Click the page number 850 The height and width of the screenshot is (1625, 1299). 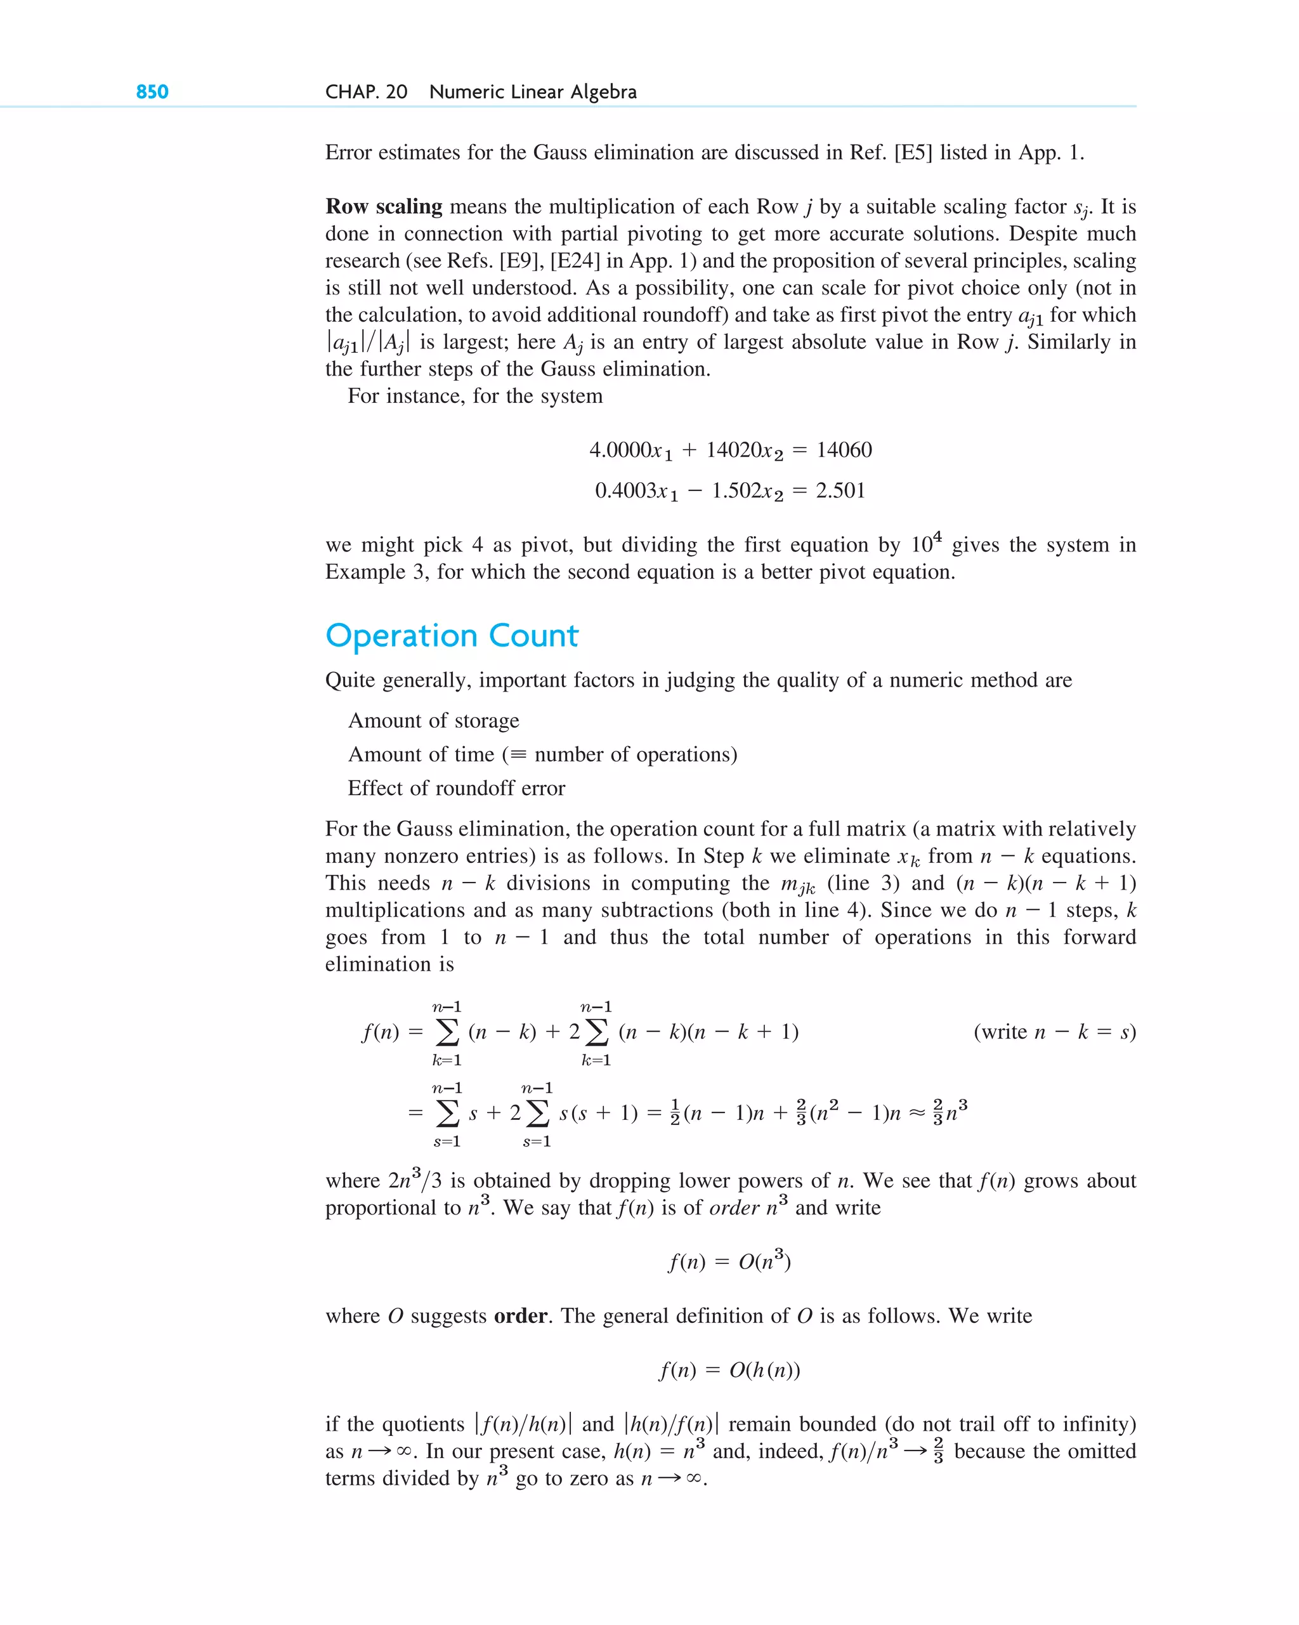click(152, 92)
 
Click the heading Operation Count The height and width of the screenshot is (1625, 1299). click(452, 636)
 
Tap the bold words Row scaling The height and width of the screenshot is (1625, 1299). click(384, 206)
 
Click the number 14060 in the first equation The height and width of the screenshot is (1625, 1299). click(844, 450)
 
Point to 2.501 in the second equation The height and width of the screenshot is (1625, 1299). click(840, 490)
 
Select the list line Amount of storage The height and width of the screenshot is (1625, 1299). click(433, 721)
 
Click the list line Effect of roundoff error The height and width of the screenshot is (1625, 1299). click(456, 788)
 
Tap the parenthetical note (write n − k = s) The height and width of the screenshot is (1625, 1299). click(1054, 1032)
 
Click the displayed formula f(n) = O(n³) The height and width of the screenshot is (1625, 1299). click(729, 1261)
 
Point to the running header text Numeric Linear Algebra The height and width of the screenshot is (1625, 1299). click(532, 92)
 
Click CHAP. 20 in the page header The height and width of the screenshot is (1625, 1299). click(366, 92)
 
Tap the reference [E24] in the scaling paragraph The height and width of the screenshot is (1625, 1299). click(575, 261)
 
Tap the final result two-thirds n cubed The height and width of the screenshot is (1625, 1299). click(950, 1112)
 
